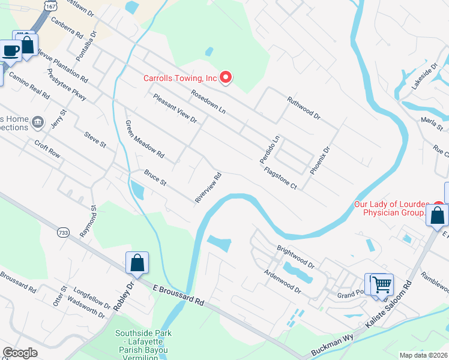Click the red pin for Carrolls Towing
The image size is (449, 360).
pos(226,77)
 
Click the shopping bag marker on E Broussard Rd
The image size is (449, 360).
pos(137,262)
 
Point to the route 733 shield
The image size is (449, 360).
pos(64,232)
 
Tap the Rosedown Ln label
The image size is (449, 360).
pos(208,102)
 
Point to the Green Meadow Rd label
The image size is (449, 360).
pos(144,139)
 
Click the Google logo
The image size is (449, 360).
pos(20,353)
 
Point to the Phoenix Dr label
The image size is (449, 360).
pos(320,161)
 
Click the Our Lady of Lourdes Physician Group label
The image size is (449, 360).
pos(391,208)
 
